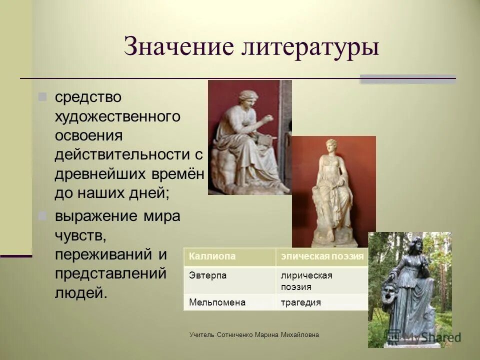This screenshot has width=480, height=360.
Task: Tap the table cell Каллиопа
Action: (229, 256)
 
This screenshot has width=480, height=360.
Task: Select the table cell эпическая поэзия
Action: (322, 256)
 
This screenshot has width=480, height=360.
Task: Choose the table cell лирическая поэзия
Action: (322, 280)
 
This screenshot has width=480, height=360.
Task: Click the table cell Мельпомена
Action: (229, 302)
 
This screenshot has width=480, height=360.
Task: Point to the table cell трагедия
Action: (322, 302)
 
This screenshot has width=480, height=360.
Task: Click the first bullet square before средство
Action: (43, 95)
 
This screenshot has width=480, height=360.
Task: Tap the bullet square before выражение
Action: (43, 216)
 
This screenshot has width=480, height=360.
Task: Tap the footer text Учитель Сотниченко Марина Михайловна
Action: (254, 334)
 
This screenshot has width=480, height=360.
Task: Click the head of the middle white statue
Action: (331, 146)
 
